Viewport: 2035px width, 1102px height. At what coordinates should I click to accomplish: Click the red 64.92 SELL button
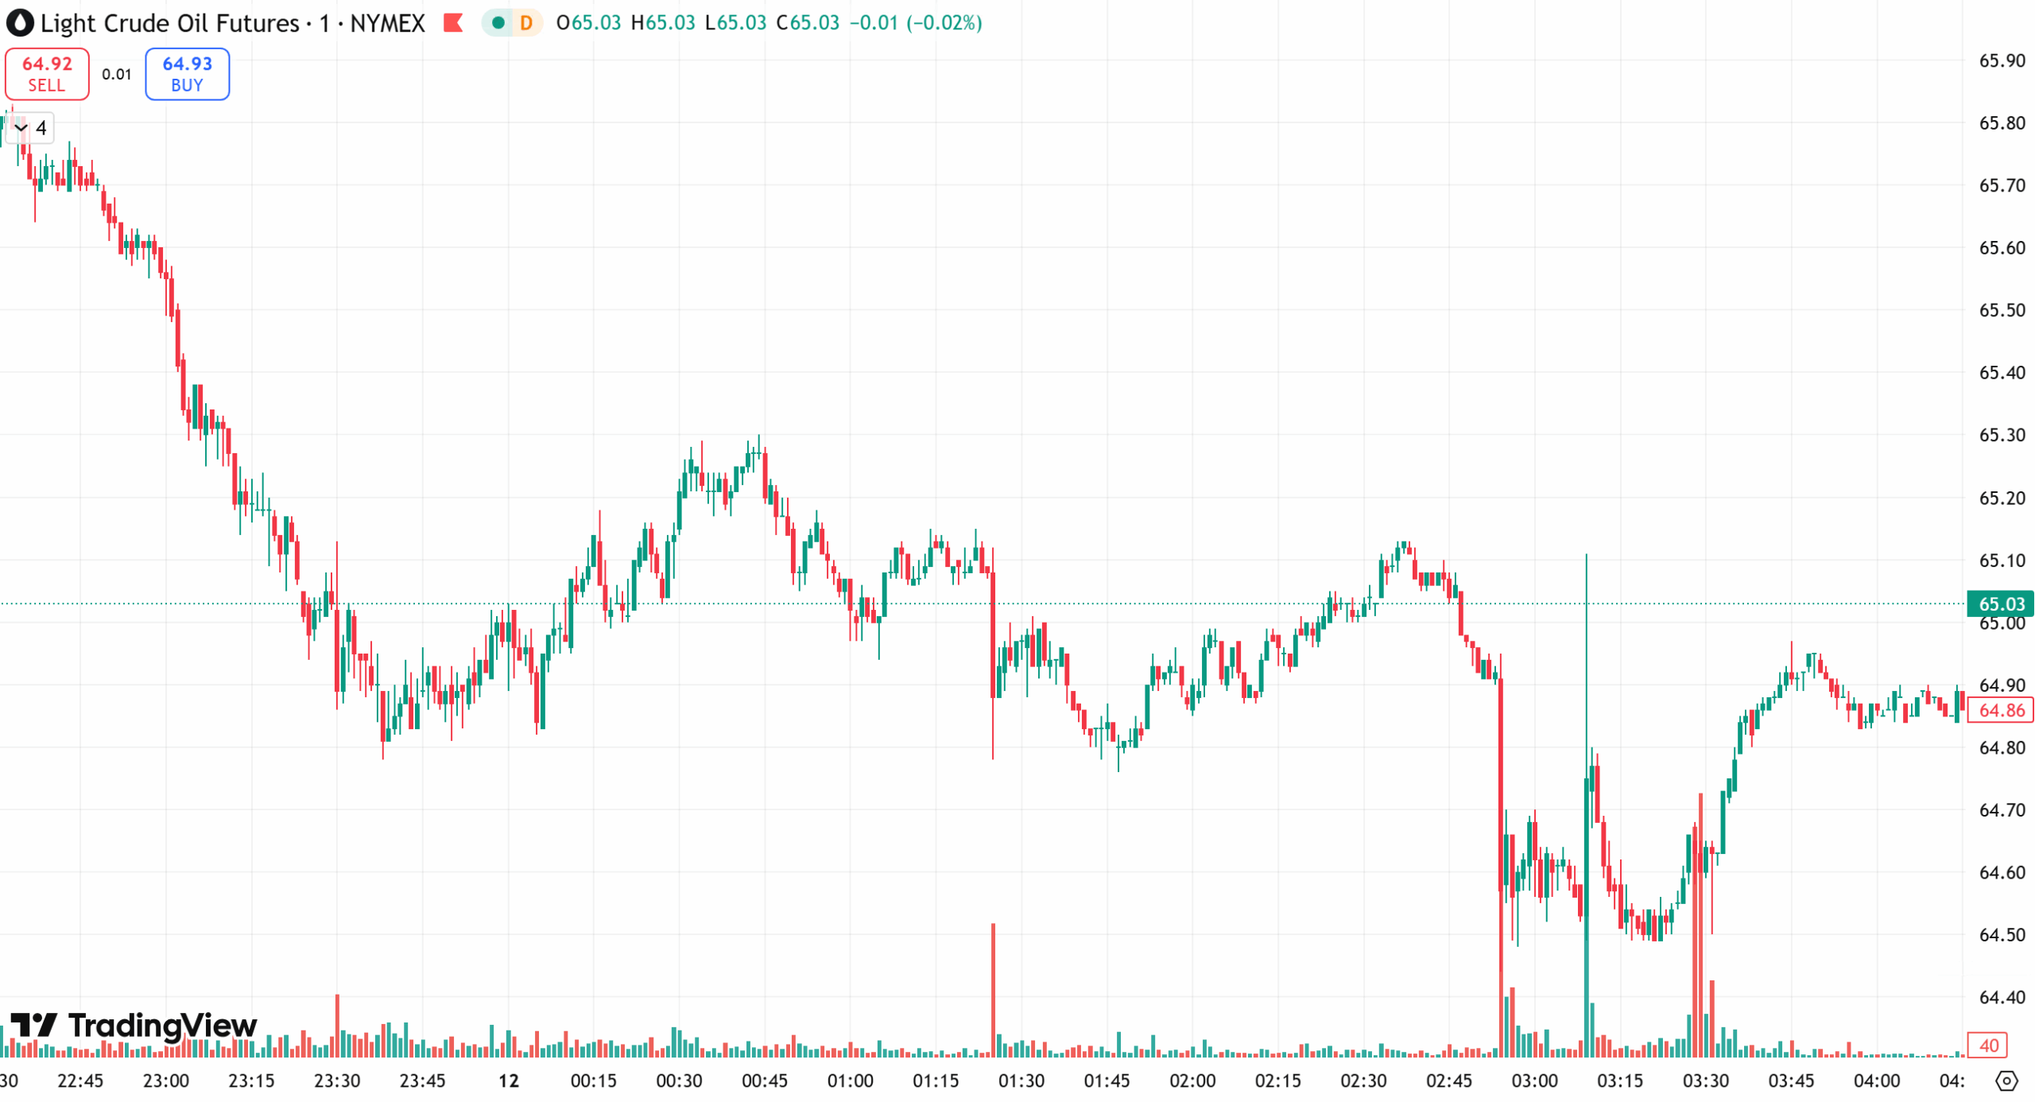[47, 74]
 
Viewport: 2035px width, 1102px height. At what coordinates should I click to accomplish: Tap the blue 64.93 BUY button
[187, 74]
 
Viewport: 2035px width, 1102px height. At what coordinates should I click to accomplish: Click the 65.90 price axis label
[2001, 60]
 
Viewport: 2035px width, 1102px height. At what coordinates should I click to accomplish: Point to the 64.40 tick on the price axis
[2001, 997]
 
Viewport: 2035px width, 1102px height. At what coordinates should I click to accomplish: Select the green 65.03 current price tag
[1999, 603]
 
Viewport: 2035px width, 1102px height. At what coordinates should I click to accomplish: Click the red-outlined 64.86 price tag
[1999, 710]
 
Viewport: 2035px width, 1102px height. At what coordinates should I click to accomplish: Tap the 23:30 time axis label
[337, 1081]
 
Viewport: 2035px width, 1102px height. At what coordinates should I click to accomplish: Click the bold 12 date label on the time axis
[509, 1081]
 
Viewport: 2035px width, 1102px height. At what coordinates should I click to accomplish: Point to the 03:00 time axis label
[1534, 1081]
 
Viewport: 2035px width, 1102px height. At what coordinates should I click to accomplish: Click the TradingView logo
[134, 1026]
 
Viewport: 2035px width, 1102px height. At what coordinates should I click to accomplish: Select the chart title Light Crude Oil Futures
[169, 23]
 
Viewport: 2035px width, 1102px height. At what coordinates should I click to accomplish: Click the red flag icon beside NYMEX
[453, 23]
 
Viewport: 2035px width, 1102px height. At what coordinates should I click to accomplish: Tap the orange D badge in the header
[525, 23]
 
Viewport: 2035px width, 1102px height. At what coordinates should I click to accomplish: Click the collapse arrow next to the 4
[21, 128]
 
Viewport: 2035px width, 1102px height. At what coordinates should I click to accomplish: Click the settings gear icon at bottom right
[2006, 1081]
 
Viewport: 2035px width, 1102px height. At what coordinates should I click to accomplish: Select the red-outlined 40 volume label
[1988, 1045]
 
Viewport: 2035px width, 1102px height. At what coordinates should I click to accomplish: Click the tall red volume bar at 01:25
[993, 990]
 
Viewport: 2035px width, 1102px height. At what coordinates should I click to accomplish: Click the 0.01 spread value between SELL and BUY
[117, 74]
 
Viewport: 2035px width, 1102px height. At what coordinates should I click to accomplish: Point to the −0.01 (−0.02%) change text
[916, 23]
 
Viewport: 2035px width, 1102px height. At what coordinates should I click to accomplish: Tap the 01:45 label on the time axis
[1107, 1081]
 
